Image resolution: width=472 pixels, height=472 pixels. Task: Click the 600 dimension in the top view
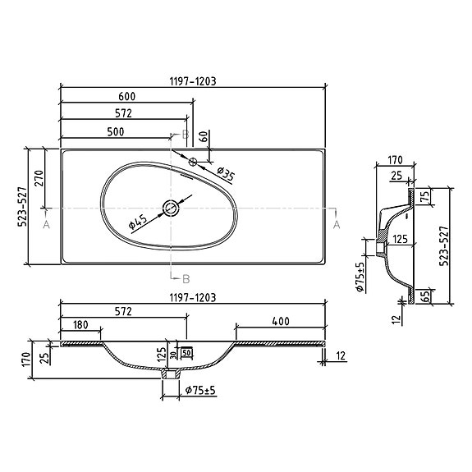pos(126,97)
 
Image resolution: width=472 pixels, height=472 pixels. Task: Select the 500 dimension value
pos(115,131)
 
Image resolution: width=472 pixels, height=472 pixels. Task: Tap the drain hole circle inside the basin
pos(170,208)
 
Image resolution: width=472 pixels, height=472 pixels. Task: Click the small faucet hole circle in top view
pos(195,162)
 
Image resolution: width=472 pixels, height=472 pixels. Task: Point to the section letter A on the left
pos(46,222)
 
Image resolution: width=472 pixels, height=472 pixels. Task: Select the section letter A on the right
pos(337,222)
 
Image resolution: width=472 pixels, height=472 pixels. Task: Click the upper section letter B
pos(186,134)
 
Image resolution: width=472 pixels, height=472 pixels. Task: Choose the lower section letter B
pos(186,277)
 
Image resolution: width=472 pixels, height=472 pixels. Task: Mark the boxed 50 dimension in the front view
pos(186,353)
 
